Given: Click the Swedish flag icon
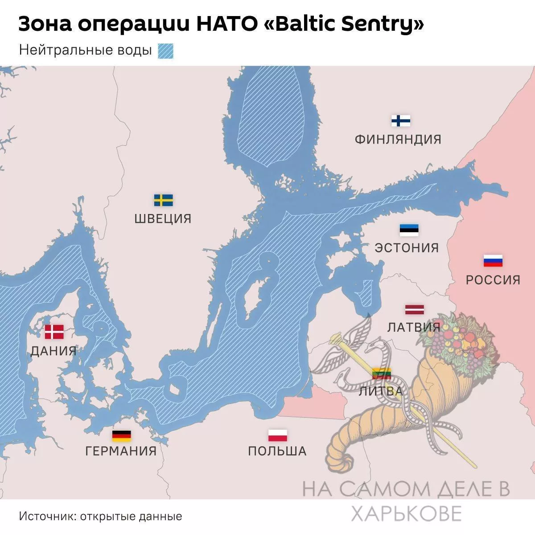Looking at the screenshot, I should (x=163, y=200).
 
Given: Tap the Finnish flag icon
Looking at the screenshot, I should (x=401, y=121).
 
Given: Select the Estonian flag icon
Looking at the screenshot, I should (x=409, y=230).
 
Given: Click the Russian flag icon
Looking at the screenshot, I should (x=493, y=261).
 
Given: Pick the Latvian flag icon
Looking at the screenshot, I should (x=415, y=309).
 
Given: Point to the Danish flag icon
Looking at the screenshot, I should (x=54, y=332).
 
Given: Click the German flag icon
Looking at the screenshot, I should (x=121, y=436).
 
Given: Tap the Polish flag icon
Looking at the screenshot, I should (x=277, y=435).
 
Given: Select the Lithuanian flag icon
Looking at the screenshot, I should (x=382, y=374).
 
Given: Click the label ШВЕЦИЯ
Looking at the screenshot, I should (x=163, y=219).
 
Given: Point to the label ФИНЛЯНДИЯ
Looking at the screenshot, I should (x=398, y=140).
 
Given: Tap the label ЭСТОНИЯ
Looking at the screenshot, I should (x=407, y=248).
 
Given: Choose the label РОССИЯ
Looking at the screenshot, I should (x=493, y=280).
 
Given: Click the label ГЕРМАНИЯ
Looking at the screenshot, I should (x=121, y=451).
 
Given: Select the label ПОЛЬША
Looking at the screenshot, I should (x=277, y=451).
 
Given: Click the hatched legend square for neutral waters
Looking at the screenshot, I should (x=165, y=51).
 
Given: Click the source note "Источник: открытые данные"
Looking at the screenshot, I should (x=101, y=516).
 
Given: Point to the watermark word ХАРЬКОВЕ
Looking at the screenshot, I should (x=406, y=514).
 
